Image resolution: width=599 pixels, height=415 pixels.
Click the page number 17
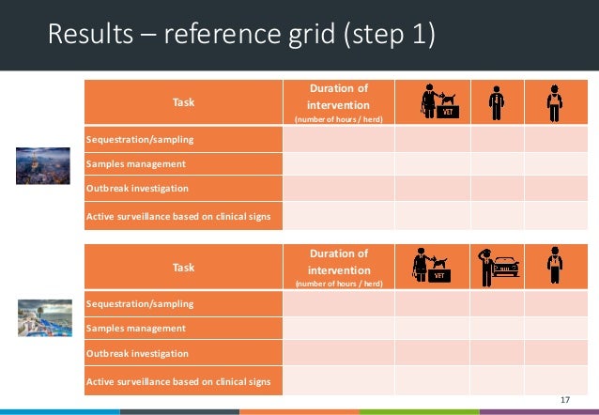pos(564,401)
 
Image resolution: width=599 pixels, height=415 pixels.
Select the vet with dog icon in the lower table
pos(431,268)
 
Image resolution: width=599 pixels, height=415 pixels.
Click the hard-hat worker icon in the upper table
pos(555,103)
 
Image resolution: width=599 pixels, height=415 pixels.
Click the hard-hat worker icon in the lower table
pos(555,268)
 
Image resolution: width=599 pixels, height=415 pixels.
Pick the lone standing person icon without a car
pos(496,103)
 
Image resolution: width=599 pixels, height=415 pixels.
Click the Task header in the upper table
pos(183,103)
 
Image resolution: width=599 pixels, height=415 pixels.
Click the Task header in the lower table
pos(183,268)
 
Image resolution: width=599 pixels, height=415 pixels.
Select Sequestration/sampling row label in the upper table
pos(140,140)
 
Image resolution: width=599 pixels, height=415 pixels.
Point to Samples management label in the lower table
pos(135,329)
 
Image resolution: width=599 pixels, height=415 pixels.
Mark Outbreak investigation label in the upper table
pos(137,189)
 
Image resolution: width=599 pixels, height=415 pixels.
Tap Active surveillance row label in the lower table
pos(178,381)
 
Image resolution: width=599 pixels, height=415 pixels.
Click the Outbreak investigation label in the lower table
pos(137,354)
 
